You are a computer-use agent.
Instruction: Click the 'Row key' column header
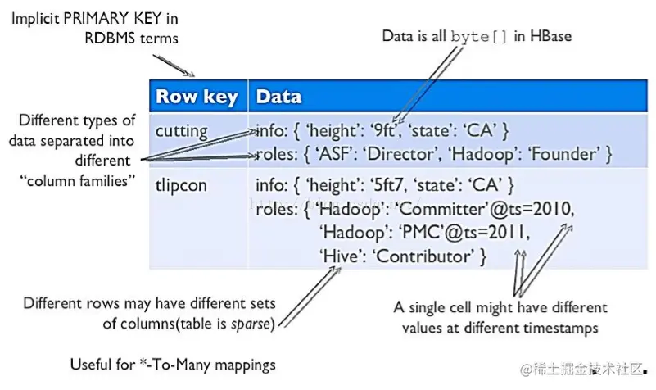point(197,97)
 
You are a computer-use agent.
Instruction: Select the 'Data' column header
point(278,97)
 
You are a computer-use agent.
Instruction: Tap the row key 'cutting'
point(182,130)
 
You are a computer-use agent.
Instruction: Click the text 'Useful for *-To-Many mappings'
point(174,364)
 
